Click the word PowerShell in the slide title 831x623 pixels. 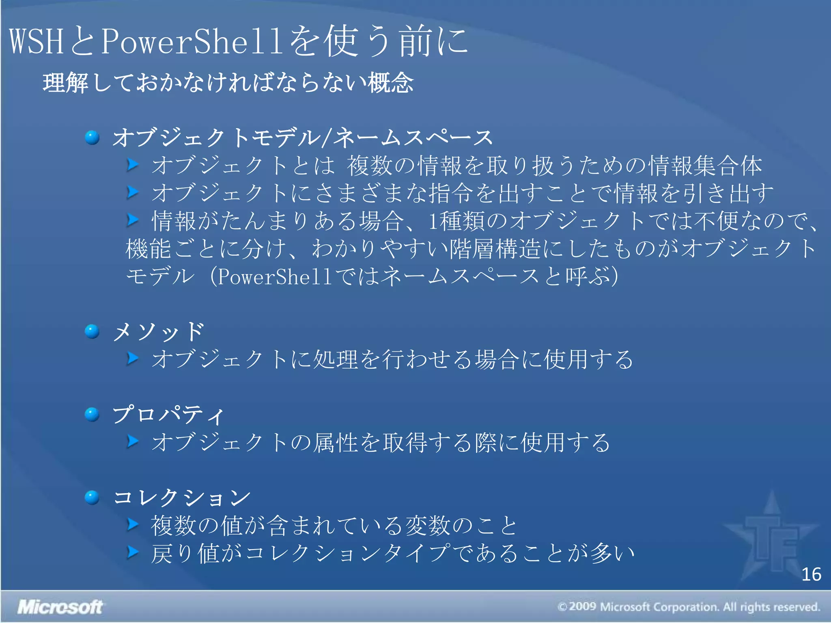click(x=191, y=41)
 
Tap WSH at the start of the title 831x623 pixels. click(x=37, y=41)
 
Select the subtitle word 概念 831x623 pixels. click(x=391, y=83)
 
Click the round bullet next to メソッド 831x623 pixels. click(x=92, y=331)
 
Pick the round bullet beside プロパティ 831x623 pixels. click(x=92, y=415)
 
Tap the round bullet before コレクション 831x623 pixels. click(x=92, y=497)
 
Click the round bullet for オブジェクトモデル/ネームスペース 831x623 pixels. click(x=92, y=137)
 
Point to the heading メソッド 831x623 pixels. click(x=158, y=332)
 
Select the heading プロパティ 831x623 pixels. click(x=168, y=415)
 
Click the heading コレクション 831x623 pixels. click(x=181, y=498)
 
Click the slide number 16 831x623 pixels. click(x=811, y=575)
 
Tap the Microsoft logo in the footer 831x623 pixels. click(x=60, y=607)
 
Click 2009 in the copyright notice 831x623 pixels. click(x=582, y=607)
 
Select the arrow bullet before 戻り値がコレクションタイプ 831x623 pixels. click(x=132, y=552)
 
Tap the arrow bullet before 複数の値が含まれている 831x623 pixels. click(x=132, y=524)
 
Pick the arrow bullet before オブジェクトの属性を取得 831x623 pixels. click(x=132, y=441)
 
